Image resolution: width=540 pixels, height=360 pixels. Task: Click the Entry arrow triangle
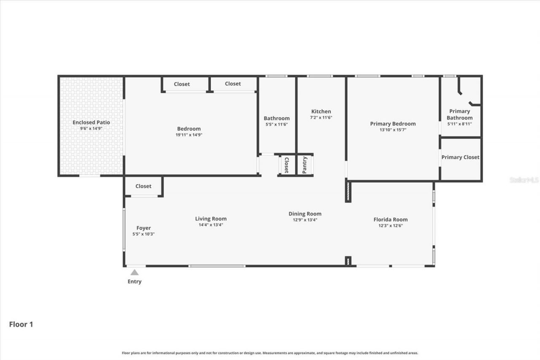point(135,273)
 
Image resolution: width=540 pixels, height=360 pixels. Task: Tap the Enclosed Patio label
point(91,122)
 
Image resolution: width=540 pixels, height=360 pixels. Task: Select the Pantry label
point(305,165)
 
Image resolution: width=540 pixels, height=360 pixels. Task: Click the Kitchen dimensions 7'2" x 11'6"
point(321,117)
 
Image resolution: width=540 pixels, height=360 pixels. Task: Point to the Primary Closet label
point(460,157)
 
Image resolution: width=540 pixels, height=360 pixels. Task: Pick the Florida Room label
point(390,219)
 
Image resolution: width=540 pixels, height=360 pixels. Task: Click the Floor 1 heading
point(21,324)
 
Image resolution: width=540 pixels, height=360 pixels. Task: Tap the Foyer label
point(143,228)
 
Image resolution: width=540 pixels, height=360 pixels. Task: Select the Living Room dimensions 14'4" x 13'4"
point(211,225)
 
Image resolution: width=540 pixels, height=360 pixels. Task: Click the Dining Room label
point(305,214)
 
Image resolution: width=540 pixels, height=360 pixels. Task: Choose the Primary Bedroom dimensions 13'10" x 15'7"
point(393,130)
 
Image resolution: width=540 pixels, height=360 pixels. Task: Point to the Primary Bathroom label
point(459,114)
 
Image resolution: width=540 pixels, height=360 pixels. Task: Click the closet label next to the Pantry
point(286,165)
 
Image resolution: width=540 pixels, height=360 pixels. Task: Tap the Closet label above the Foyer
point(143,186)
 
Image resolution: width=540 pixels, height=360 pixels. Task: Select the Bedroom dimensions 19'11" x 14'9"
point(189,135)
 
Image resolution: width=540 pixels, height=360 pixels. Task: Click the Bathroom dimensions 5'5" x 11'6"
point(276,125)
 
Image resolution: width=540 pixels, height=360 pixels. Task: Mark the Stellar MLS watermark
point(524,180)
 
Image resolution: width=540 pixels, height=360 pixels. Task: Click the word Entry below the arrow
point(135,282)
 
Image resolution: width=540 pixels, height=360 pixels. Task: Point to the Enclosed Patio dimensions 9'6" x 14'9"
point(91,128)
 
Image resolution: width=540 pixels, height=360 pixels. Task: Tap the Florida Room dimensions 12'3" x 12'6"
point(390,225)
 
